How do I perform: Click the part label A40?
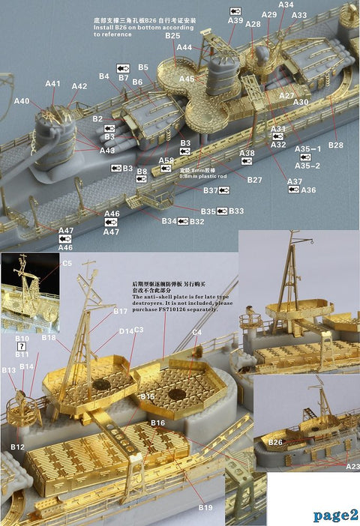coord(22,101)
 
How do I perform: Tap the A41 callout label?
coord(52,84)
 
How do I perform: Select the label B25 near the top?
coord(172,36)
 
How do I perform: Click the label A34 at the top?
coord(286,4)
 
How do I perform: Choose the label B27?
coord(254,180)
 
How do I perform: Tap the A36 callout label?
coord(308,190)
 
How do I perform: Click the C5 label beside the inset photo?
coord(67,263)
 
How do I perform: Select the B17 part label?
coord(120,310)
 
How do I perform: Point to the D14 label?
coord(125,330)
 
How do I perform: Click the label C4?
coord(196,331)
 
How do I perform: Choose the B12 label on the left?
coord(17,447)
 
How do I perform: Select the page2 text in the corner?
coord(335,515)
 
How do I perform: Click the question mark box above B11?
coord(21,346)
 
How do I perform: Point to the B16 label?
coord(157,423)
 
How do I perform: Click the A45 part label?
coord(187,79)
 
